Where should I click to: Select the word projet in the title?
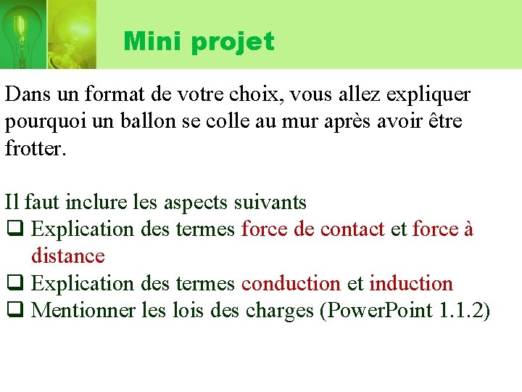tap(232, 42)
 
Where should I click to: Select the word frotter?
tap(36, 149)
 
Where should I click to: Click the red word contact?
tap(352, 229)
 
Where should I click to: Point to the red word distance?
tap(67, 256)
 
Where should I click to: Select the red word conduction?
tap(291, 283)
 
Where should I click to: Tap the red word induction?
tap(411, 283)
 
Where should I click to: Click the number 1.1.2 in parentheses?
tap(462, 311)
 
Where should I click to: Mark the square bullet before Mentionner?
tap(13, 311)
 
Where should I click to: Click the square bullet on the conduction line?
tap(13, 284)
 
